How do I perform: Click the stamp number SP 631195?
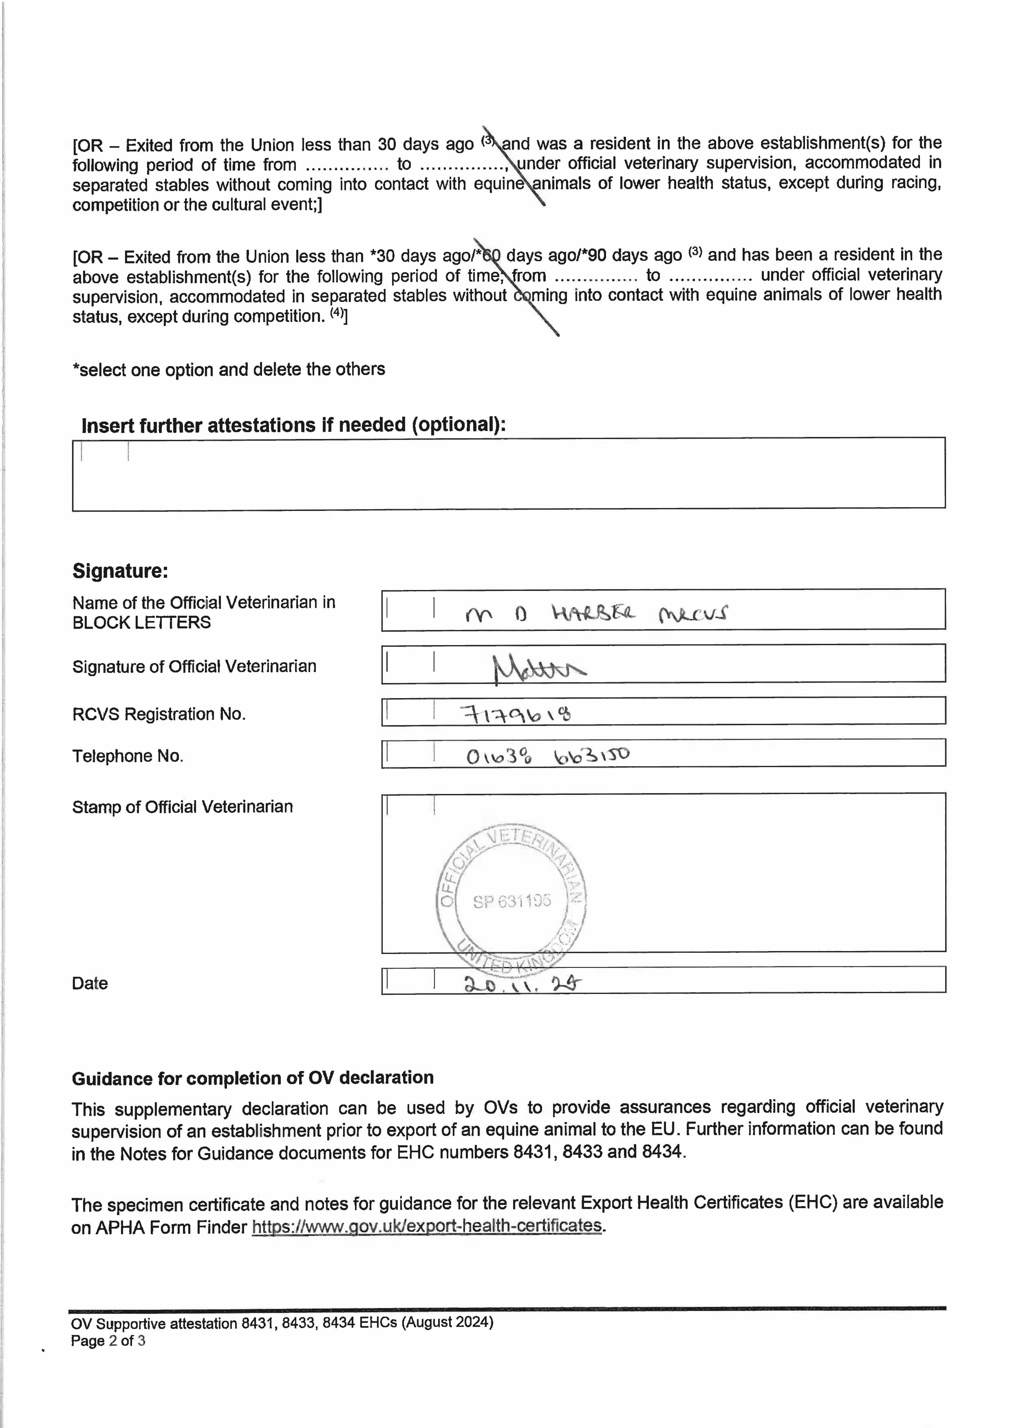tap(512, 901)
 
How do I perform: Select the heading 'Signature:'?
tap(120, 570)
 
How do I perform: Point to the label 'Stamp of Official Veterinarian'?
tap(182, 807)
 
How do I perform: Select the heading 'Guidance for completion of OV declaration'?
tap(252, 1078)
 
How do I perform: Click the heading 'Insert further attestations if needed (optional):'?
tap(293, 425)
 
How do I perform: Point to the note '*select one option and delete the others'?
tap(229, 370)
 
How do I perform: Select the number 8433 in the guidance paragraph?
tap(582, 1152)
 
